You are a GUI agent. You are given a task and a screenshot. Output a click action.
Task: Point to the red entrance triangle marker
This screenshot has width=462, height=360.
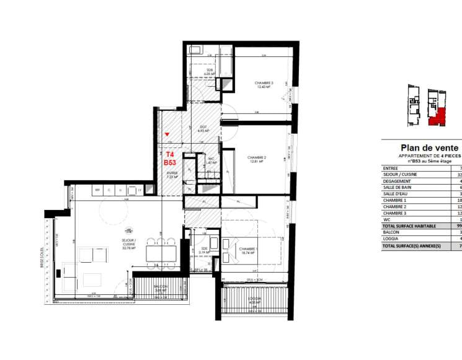[167, 134]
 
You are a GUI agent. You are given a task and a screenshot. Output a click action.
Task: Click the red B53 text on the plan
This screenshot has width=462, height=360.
[170, 162]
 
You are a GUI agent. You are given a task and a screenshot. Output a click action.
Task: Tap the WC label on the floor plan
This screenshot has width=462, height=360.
[211, 159]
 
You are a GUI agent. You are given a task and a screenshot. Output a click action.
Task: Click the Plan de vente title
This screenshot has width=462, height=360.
[422, 148]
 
